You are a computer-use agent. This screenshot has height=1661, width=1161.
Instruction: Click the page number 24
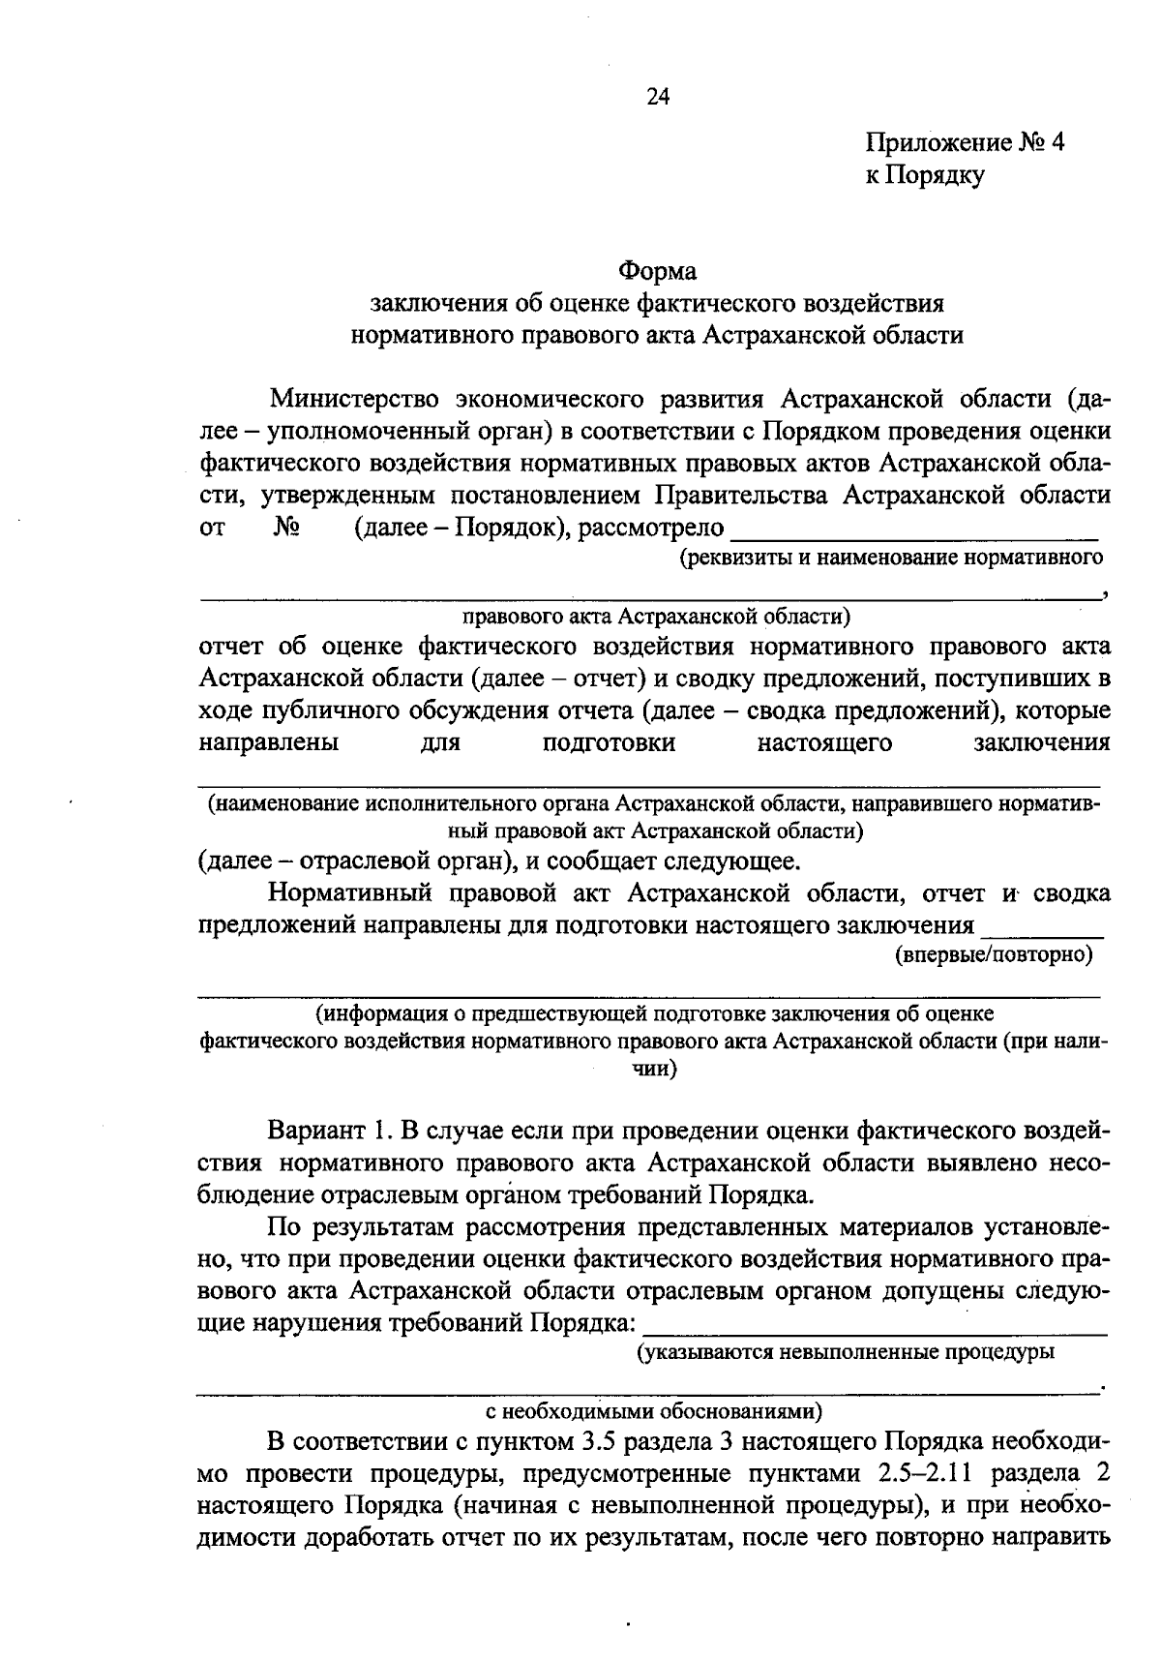657,96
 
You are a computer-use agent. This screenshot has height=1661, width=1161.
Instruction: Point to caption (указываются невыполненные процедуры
845,1351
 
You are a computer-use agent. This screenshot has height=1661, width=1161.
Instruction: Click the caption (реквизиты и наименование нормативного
891,558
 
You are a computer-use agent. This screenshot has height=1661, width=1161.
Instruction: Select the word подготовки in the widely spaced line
609,743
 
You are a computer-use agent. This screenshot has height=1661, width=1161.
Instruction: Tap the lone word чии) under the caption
653,1070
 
